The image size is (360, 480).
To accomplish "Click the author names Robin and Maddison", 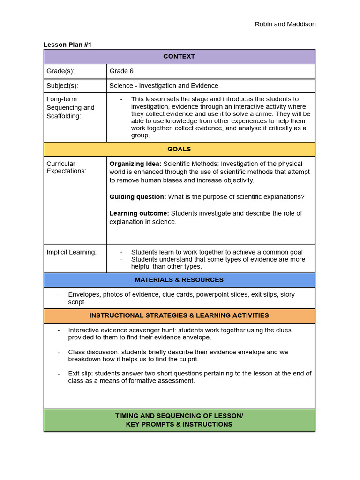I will pos(285,24).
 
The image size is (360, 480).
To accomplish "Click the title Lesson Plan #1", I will pos(67,45).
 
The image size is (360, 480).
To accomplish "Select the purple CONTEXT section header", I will pos(179,56).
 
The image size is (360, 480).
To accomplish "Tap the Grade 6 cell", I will pos(121,71).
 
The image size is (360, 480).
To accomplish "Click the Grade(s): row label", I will pos(60,71).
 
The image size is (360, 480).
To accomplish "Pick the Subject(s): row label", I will pos(62,86).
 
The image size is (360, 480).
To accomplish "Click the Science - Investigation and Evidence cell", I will pos(164,86).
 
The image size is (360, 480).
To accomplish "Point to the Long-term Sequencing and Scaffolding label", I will pos(70,107).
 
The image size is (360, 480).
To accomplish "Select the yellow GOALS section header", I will pos(179,149).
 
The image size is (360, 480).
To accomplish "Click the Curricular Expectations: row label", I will pos(66,167).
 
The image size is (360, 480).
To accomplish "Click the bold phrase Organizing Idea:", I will pos(135,164).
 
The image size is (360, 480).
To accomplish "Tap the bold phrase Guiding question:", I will pos(137,197).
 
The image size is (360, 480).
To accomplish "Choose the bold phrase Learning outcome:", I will pos(139,213).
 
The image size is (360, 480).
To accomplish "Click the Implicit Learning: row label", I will pos(71,252).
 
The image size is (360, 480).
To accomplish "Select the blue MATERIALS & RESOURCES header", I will pos(179,280).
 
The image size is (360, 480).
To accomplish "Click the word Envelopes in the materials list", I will pos(83,294).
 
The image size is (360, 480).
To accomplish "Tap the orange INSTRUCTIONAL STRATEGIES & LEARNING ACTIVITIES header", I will pos(179,315).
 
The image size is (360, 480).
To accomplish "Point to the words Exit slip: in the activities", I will pos(80,374).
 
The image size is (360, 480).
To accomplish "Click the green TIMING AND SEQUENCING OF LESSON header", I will pos(179,420).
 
